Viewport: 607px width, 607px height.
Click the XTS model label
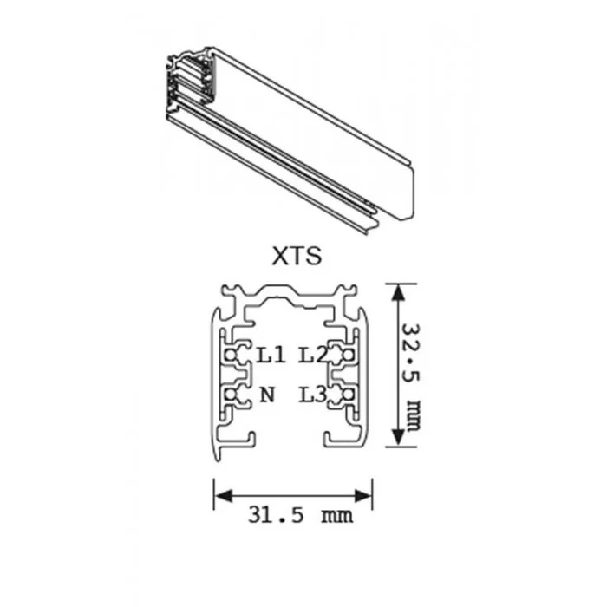(x=297, y=256)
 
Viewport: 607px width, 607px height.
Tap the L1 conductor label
(x=271, y=355)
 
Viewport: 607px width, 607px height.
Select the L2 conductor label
(x=312, y=355)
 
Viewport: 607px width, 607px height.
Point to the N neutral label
(x=267, y=395)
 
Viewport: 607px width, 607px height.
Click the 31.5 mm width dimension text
(x=300, y=515)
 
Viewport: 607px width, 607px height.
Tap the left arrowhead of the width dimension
(x=224, y=495)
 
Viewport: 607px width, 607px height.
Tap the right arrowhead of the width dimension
(x=363, y=495)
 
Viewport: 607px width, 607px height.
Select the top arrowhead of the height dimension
(x=397, y=293)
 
